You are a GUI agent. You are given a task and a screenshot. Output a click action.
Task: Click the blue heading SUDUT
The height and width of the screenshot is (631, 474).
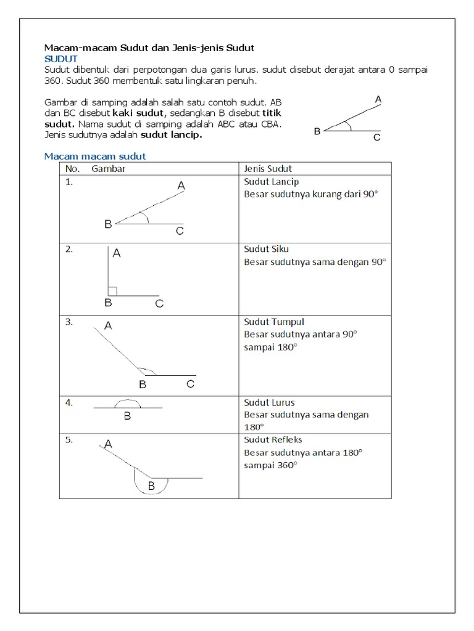click(60, 58)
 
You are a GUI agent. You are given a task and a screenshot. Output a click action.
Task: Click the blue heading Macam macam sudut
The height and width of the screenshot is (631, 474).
click(94, 157)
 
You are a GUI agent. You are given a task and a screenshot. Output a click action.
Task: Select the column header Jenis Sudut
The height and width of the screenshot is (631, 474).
click(268, 168)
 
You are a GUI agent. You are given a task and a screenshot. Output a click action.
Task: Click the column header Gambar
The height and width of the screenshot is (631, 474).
click(109, 168)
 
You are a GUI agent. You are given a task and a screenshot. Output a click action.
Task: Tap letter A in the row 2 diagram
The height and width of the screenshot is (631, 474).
click(117, 253)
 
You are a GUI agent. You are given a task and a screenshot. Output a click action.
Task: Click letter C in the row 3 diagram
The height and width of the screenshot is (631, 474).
click(190, 385)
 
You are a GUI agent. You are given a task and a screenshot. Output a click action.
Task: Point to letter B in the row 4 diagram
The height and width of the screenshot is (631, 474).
click(127, 417)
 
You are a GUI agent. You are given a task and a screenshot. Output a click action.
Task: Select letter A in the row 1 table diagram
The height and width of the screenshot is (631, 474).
click(181, 185)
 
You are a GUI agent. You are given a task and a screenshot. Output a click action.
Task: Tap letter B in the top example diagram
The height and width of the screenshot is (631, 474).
click(317, 131)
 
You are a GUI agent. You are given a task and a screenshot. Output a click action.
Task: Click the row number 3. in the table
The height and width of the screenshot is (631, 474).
click(69, 321)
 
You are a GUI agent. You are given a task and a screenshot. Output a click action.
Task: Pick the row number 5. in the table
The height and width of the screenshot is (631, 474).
click(69, 440)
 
